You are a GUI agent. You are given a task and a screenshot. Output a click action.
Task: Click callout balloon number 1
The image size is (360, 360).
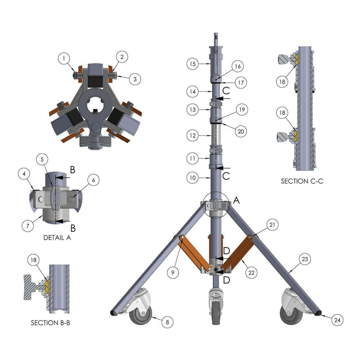pos(64,58)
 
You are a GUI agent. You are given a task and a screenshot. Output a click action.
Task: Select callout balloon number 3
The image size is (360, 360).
pos(135,79)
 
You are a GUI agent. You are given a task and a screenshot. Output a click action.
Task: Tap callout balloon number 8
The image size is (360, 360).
pos(167,322)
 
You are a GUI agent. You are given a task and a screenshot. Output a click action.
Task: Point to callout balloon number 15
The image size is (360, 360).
pos(193,64)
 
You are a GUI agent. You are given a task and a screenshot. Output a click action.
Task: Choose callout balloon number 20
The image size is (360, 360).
pos(241,131)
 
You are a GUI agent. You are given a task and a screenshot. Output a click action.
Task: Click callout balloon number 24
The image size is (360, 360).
pos(337,320)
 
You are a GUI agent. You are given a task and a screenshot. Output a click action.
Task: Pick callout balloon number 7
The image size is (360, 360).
pos(28,226)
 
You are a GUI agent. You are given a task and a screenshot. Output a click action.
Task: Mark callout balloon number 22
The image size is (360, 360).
pos(252,273)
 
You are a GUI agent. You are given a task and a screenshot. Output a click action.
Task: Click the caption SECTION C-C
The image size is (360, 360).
pos(302,181)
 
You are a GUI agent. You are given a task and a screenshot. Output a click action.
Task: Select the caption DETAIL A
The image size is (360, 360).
pos(57,238)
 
